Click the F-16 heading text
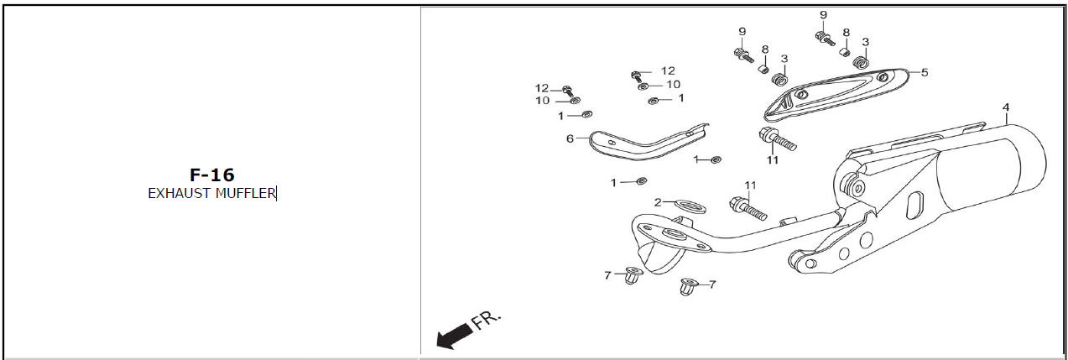click(211, 175)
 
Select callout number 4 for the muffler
click(1005, 107)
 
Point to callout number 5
click(924, 73)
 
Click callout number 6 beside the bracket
click(570, 138)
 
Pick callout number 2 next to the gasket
click(659, 202)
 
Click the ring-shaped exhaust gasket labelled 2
click(688, 205)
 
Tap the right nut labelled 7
click(689, 287)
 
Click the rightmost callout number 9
click(823, 15)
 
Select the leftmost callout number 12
click(542, 89)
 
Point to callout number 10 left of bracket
click(543, 101)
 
